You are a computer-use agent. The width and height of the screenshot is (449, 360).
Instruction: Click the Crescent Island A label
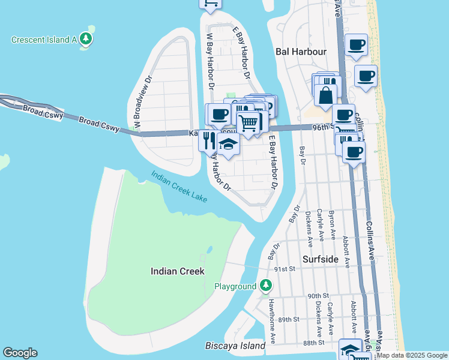pos(45,40)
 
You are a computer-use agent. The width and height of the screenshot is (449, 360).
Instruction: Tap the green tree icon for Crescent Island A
pos(86,40)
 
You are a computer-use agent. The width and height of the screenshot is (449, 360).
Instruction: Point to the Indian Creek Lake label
pos(178,185)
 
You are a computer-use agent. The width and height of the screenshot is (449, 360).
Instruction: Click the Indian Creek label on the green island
pos(177,271)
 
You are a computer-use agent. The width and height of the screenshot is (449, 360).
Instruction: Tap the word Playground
pos(235,287)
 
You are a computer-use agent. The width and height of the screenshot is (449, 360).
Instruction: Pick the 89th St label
pos(288,319)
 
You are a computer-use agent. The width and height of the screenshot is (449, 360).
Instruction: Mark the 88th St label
pos(313,342)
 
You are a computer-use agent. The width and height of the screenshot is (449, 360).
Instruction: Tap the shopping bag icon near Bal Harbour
pos(325,95)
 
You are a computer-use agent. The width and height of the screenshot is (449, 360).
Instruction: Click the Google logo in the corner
pos(20,353)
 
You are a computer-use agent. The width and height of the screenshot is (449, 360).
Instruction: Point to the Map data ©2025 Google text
pos(412,355)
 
